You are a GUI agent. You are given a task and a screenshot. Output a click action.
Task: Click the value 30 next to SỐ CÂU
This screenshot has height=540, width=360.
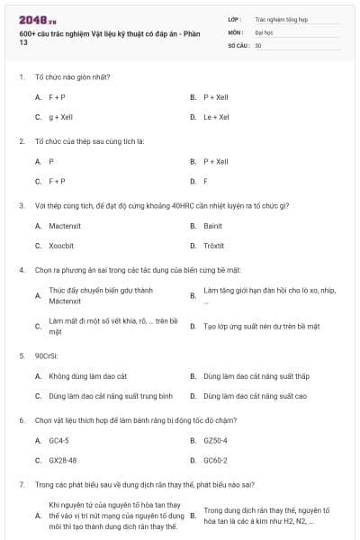258,45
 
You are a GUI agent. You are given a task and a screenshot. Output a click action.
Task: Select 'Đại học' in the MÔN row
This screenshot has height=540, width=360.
263,31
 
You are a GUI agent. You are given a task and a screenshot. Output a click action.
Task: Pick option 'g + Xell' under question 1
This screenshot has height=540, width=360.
60,117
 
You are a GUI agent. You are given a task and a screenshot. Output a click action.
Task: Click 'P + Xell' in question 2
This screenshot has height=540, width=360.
216,161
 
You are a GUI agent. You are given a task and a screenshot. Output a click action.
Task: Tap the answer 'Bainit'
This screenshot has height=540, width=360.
213,226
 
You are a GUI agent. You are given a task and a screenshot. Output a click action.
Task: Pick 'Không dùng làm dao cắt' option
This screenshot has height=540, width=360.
88,375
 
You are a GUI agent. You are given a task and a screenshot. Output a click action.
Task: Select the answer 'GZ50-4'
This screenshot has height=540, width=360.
216,440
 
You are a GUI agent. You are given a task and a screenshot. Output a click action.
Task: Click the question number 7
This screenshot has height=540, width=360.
21,484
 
